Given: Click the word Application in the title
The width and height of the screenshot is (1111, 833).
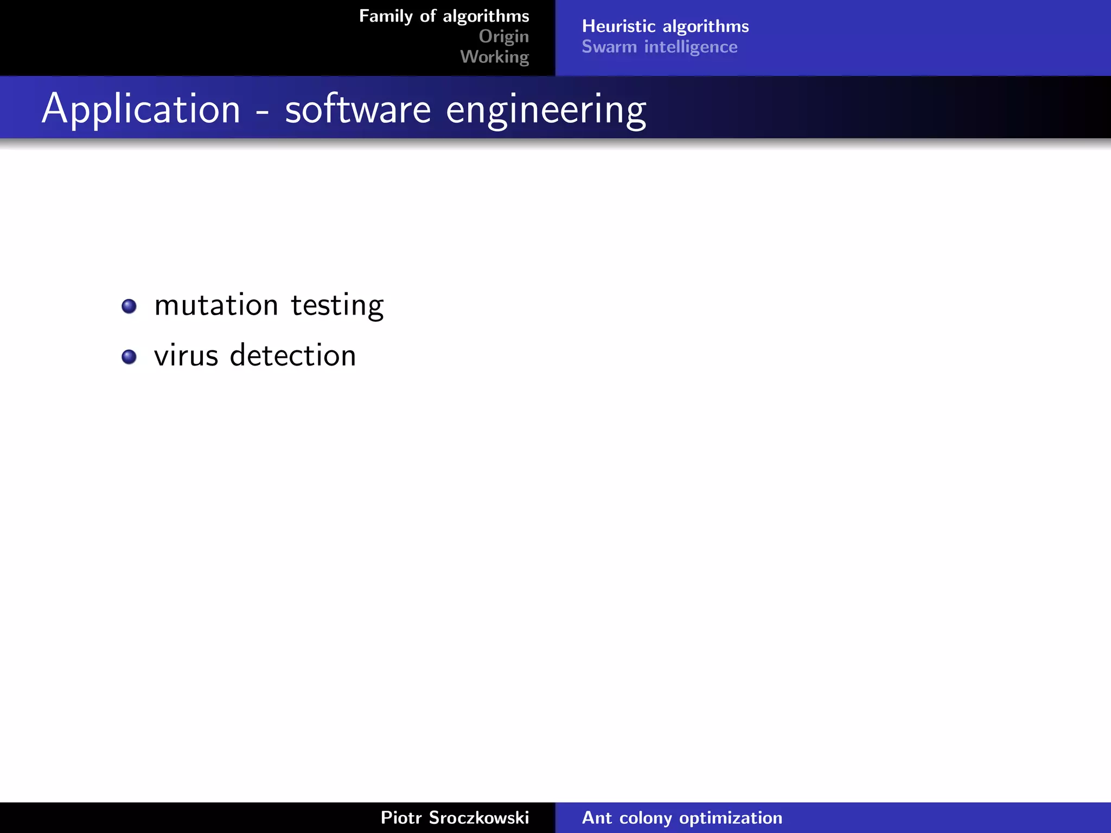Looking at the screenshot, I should click(141, 110).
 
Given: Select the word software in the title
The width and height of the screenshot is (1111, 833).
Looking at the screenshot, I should click(358, 110).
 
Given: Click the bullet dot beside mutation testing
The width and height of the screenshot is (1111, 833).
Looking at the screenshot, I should click(129, 306).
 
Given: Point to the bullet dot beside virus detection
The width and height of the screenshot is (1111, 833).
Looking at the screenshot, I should click(129, 357).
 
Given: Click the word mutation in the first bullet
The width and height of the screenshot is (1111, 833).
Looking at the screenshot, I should click(216, 305).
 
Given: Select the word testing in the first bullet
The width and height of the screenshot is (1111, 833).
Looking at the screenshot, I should click(337, 306).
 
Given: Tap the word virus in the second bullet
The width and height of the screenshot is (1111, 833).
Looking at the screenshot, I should click(186, 356).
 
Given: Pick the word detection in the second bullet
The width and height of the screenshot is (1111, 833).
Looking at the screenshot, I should click(293, 356).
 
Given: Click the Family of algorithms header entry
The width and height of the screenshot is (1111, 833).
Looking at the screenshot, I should click(444, 16).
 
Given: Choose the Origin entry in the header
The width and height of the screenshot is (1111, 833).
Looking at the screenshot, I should click(503, 36).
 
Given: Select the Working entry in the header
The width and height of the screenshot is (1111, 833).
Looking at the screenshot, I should click(494, 57).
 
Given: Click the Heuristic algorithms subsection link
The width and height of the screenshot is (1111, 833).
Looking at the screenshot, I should click(665, 26).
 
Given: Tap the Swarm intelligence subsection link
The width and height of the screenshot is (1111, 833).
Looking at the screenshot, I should click(659, 47).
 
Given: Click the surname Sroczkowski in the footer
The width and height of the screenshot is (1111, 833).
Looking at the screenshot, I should click(478, 818).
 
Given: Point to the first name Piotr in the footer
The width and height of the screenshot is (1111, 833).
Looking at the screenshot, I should click(401, 818).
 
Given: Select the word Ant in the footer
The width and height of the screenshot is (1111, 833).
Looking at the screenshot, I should click(597, 818).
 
